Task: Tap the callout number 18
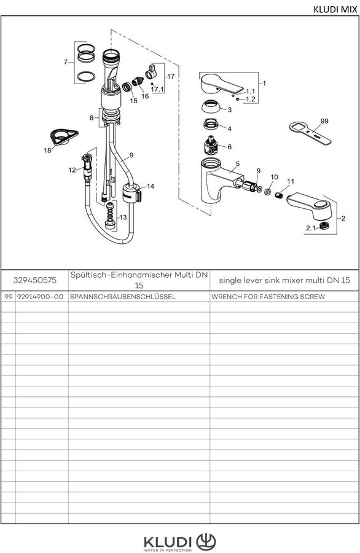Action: pos(47,151)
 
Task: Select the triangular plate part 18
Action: pos(63,136)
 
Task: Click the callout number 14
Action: pos(151,186)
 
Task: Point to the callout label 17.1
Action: pos(157,89)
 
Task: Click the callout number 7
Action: pos(65,62)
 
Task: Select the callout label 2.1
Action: pos(311,228)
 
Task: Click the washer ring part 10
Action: pos(267,192)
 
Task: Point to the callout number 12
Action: pos(72,170)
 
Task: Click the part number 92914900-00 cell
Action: pos(40,297)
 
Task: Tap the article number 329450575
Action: pos(34,280)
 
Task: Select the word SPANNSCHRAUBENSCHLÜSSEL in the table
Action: pos(123,297)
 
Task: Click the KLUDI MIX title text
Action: pos(335,9)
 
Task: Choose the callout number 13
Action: pos(123,218)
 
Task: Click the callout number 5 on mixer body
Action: pos(238,163)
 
